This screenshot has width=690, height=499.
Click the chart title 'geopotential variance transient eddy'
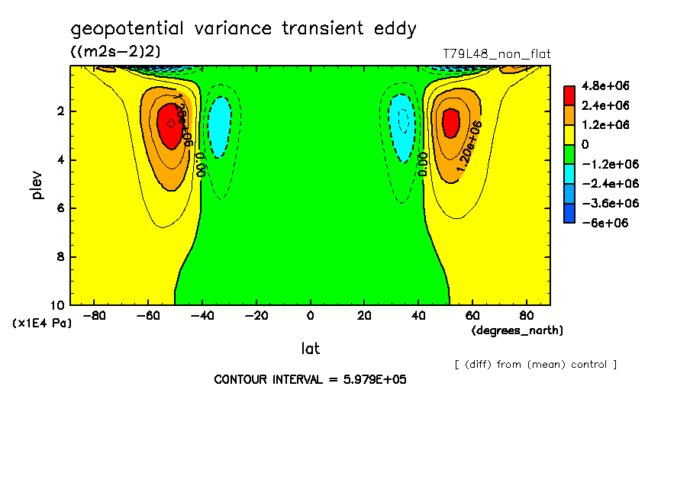click(x=243, y=29)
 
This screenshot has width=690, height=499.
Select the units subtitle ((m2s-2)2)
click(x=115, y=51)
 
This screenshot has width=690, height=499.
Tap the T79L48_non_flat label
click(x=496, y=54)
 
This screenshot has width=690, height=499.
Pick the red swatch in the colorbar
click(x=569, y=95)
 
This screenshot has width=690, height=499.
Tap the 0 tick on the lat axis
click(x=310, y=314)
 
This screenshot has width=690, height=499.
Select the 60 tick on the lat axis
click(x=472, y=314)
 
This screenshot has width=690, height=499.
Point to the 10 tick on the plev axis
click(x=60, y=304)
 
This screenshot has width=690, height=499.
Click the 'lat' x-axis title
click(x=310, y=349)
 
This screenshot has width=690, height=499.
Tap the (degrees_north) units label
click(x=517, y=330)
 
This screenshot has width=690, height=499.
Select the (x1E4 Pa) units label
click(x=42, y=324)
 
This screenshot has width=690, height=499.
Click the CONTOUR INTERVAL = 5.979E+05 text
click(x=310, y=379)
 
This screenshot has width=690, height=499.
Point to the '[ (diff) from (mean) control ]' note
click(x=535, y=364)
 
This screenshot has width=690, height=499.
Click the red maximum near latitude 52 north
click(x=450, y=122)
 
